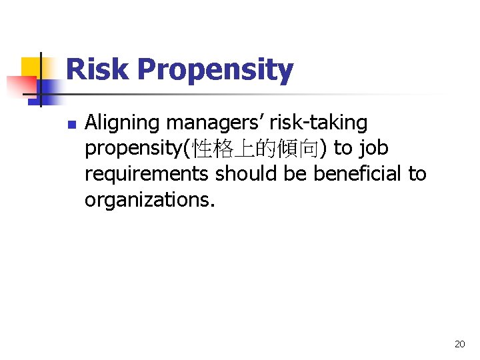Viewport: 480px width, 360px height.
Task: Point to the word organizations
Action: (150, 199)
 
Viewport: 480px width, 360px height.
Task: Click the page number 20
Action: (459, 344)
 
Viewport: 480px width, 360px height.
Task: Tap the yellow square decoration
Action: (32, 67)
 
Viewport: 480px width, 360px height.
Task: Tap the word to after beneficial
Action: (417, 174)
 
